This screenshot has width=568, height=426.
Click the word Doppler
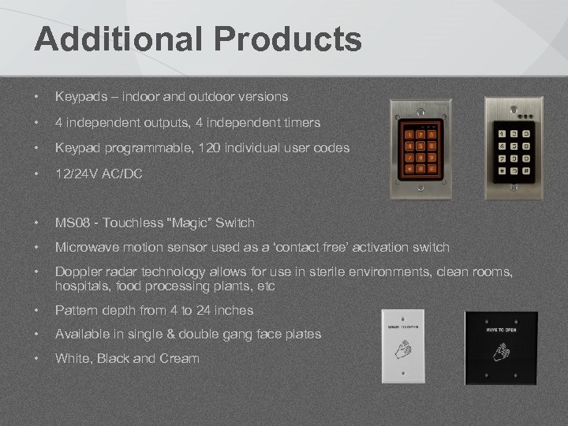click(x=78, y=273)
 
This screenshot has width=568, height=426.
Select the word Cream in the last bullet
click(x=181, y=358)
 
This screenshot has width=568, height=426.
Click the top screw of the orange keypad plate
click(x=420, y=107)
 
